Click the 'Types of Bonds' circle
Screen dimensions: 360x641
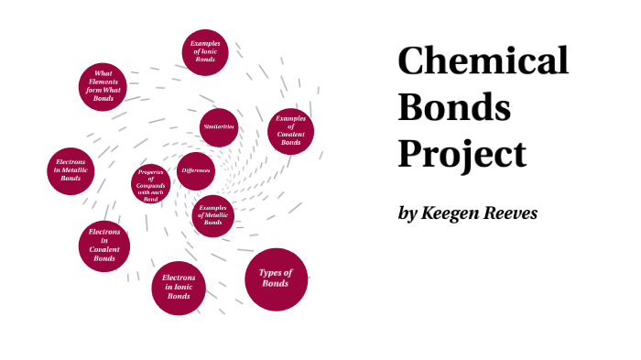pos(276,278)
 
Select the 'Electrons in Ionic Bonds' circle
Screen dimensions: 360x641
pos(178,287)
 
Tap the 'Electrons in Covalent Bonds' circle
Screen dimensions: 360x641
pos(104,245)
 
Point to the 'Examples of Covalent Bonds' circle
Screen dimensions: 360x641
pos(290,131)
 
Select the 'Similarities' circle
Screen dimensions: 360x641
pos(219,126)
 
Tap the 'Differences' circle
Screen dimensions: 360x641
pos(196,171)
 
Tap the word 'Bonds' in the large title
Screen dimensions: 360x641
pos(454,107)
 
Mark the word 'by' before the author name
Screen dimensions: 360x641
pos(407,213)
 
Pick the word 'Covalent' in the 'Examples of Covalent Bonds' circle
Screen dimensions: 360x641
pos(291,133)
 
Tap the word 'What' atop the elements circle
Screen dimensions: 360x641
pos(103,72)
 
